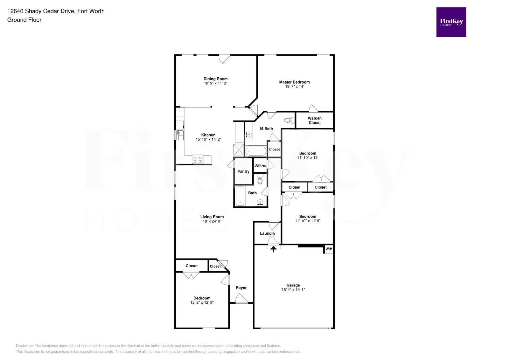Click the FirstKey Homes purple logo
pyautogui.click(x=451, y=22)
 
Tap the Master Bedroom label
pyautogui.click(x=294, y=82)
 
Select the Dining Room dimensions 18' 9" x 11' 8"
pyautogui.click(x=215, y=83)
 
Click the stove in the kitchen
pyautogui.click(x=198, y=159)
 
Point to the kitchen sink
pyautogui.click(x=180, y=135)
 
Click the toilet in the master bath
pyautogui.click(x=289, y=120)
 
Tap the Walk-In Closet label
pyautogui.click(x=314, y=120)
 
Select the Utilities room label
pyautogui.click(x=260, y=165)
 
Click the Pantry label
pyautogui.click(x=243, y=171)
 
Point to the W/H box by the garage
pyautogui.click(x=329, y=249)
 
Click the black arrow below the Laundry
pyautogui.click(x=273, y=249)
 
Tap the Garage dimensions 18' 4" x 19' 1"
pyautogui.click(x=293, y=290)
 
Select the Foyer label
pyautogui.click(x=241, y=288)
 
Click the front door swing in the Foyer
pyautogui.click(x=241, y=299)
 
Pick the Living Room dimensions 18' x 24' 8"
pyautogui.click(x=212, y=221)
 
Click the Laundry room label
pyautogui.click(x=267, y=233)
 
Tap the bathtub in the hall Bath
pyautogui.click(x=240, y=196)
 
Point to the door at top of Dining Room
pyautogui.click(x=224, y=59)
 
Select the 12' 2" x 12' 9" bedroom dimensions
pyautogui.click(x=202, y=303)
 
